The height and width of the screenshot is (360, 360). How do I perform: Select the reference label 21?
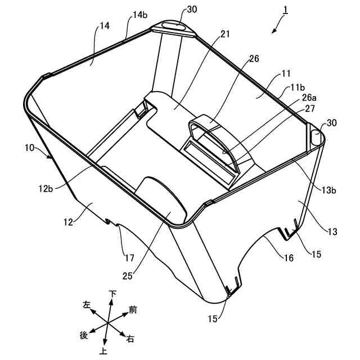(x=210, y=35)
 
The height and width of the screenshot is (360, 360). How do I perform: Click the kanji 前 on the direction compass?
(x=133, y=309)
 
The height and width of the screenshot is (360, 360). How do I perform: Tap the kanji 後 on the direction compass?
(x=84, y=335)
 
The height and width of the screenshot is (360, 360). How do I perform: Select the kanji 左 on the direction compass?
(x=87, y=304)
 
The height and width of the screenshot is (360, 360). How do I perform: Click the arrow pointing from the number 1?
(x=276, y=26)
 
